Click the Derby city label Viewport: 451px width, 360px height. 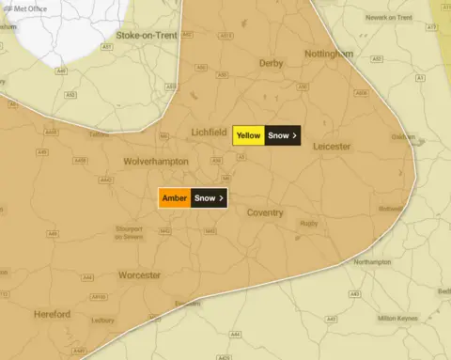(272, 63)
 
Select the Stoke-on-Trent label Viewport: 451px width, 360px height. (146, 35)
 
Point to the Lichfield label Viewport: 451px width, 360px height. (209, 132)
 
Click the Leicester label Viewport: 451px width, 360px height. (331, 147)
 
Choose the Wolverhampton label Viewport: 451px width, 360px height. (156, 162)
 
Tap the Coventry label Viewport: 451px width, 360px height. (265, 213)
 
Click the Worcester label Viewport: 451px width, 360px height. (139, 275)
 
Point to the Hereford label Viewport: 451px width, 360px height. (52, 314)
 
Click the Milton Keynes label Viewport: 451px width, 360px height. (397, 319)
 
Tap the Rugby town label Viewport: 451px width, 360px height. (308, 224)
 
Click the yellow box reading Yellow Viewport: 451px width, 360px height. (248, 135)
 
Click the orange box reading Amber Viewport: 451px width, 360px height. (174, 198)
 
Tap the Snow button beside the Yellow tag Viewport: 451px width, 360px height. (282, 135)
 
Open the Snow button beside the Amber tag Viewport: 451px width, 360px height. (209, 198)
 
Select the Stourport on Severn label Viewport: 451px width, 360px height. (128, 232)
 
